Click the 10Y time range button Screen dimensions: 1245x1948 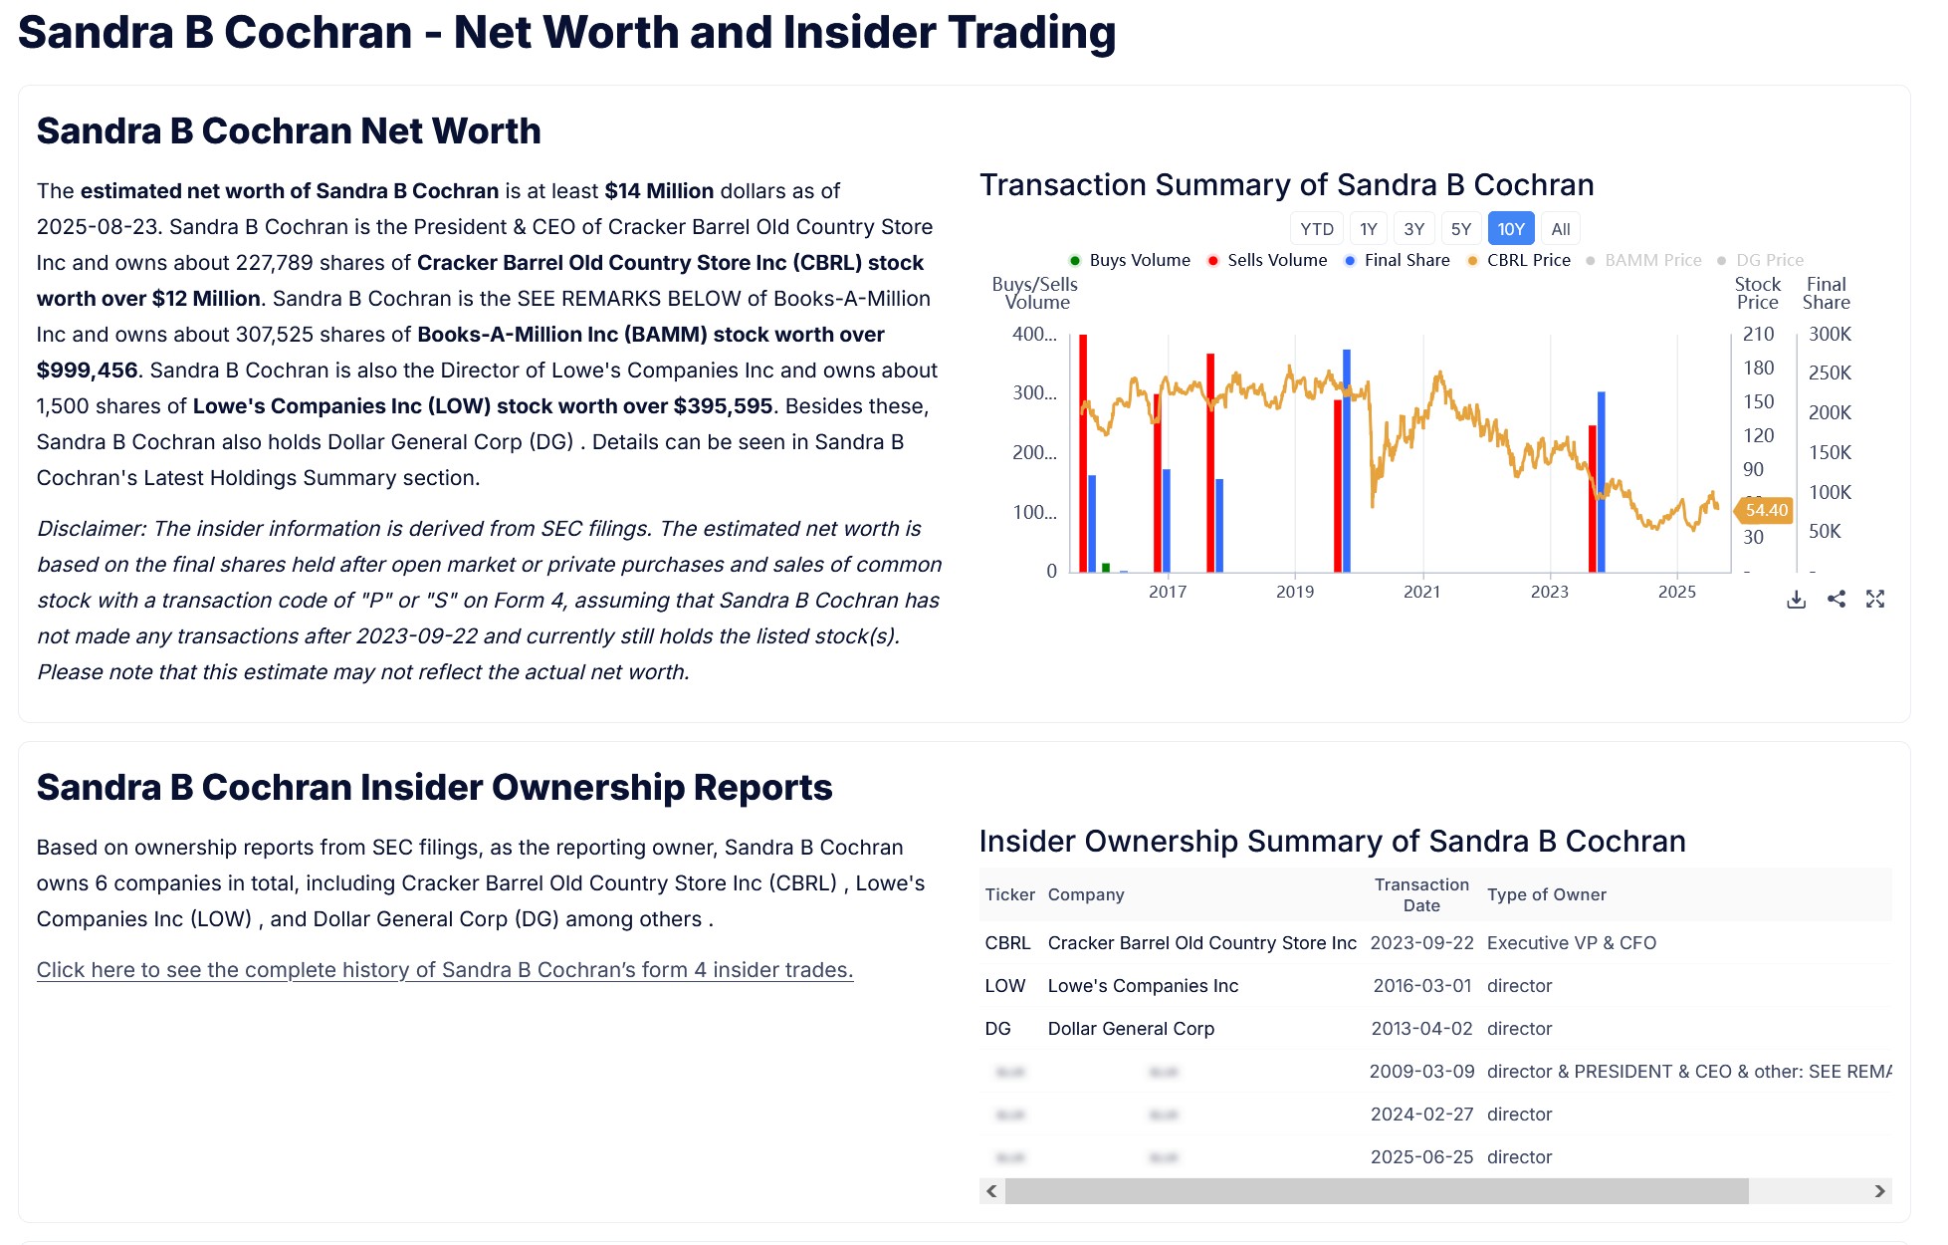[x=1510, y=229]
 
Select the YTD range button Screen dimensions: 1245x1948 [x=1316, y=229]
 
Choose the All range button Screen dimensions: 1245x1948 [x=1560, y=229]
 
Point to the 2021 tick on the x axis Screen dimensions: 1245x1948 [x=1421, y=592]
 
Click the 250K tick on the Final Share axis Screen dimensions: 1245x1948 [x=1830, y=373]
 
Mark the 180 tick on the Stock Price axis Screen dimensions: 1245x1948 [x=1758, y=368]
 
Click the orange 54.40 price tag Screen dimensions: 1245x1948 [x=1766, y=510]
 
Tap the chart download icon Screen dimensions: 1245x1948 [x=1796, y=599]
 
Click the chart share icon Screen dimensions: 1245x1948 [x=1837, y=599]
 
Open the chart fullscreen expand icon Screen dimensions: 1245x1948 [x=1875, y=599]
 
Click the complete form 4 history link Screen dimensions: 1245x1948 [x=445, y=970]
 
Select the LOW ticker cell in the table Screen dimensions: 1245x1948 [x=1004, y=986]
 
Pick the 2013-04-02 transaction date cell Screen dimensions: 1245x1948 [x=1421, y=1029]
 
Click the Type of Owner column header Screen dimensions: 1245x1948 [x=1546, y=894]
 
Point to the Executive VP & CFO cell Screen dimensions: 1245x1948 [x=1571, y=943]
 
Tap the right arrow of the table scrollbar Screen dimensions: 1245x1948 [x=1879, y=1191]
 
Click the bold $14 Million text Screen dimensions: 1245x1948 [x=659, y=191]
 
